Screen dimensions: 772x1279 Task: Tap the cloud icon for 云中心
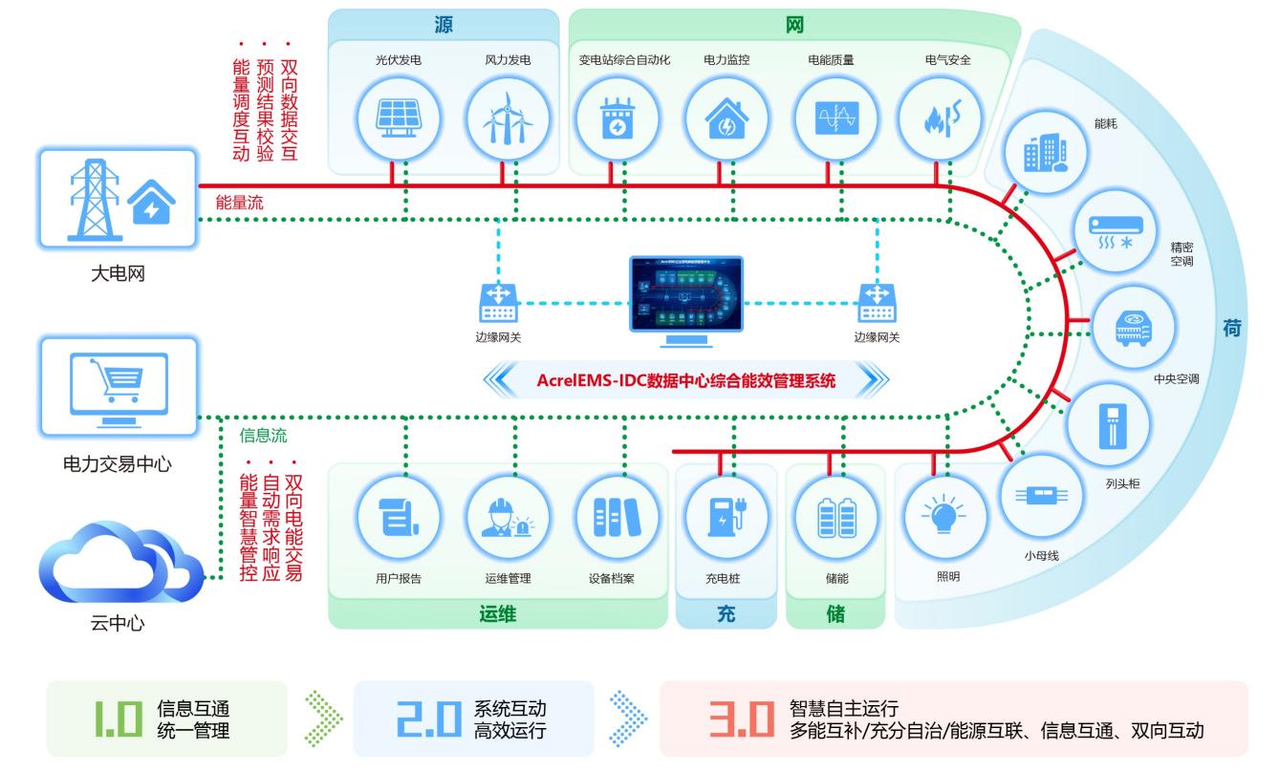coord(119,563)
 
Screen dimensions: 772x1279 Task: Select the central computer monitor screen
coord(685,289)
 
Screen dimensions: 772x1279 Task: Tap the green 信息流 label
coord(264,437)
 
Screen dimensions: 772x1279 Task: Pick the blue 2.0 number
coord(415,720)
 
